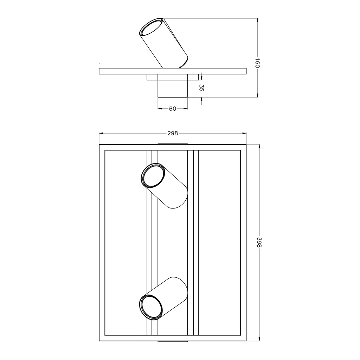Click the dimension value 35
(201, 88)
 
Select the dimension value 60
(173, 109)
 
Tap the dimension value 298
(173, 133)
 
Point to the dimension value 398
(259, 243)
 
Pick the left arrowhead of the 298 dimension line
(101, 133)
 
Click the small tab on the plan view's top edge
(173, 144)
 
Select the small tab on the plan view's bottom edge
(173, 341)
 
